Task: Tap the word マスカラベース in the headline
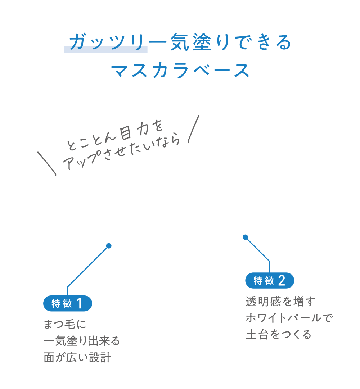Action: click(x=180, y=71)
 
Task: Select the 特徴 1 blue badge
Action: click(x=68, y=303)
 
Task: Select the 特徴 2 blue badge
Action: click(x=270, y=281)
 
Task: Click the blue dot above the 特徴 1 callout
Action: click(x=109, y=246)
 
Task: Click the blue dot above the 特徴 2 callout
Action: click(x=245, y=237)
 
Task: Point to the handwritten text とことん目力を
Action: click(x=115, y=135)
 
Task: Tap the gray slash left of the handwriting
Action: click(x=47, y=163)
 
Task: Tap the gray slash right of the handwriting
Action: click(x=193, y=129)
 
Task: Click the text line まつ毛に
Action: click(x=65, y=324)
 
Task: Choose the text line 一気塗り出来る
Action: click(x=82, y=340)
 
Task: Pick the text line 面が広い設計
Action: click(x=77, y=357)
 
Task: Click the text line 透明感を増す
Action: click(x=280, y=302)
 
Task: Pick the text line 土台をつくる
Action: click(x=278, y=335)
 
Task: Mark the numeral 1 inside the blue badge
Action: click(x=80, y=303)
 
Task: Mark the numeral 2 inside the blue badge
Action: click(x=282, y=281)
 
